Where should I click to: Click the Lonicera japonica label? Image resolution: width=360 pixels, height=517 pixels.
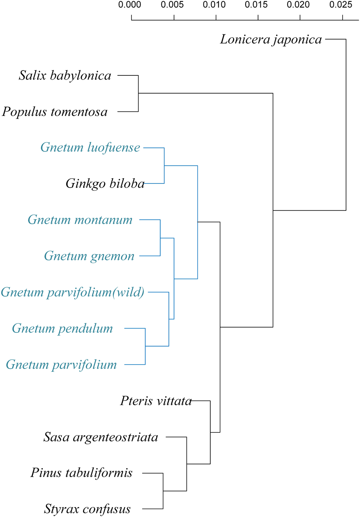click(x=271, y=39)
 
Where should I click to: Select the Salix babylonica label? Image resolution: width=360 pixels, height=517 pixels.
click(x=65, y=75)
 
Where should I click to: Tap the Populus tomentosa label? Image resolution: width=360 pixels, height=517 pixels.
click(x=55, y=112)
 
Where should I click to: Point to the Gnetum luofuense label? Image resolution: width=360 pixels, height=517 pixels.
click(x=90, y=147)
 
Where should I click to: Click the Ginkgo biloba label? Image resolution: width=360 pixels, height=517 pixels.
click(x=105, y=183)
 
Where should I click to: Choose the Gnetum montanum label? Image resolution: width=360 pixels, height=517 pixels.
click(x=80, y=220)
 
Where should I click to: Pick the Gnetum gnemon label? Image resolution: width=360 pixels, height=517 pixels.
click(x=89, y=256)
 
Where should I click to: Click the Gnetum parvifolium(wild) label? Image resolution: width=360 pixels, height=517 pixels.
click(x=73, y=292)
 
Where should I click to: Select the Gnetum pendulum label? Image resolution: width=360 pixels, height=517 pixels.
click(x=63, y=328)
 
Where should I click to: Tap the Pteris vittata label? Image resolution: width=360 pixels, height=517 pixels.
click(x=156, y=401)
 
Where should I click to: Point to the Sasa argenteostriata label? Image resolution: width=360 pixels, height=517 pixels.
click(x=101, y=437)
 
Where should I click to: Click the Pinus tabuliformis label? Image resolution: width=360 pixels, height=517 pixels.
click(x=81, y=473)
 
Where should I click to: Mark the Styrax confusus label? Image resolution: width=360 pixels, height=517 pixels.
click(x=87, y=509)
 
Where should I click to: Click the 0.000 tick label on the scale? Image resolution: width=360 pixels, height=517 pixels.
click(x=130, y=5)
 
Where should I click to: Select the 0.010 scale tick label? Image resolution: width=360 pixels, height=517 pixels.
click(x=214, y=5)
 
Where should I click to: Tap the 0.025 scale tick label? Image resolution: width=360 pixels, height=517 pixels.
click(x=341, y=5)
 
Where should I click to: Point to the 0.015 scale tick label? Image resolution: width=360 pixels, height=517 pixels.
click(x=256, y=5)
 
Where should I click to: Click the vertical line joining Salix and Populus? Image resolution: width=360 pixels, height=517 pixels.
click(x=138, y=94)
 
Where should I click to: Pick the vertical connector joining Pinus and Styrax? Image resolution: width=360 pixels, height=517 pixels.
click(x=163, y=491)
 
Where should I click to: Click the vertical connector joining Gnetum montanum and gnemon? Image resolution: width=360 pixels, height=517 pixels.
click(x=160, y=238)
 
